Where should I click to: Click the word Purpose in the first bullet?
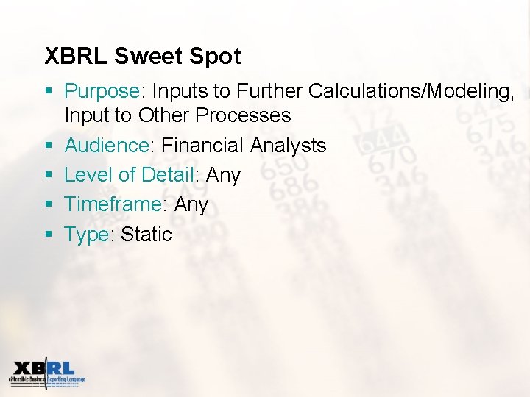pyautogui.click(x=102, y=92)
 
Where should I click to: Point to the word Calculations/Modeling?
pyautogui.click(x=411, y=91)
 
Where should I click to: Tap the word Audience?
pyautogui.click(x=106, y=146)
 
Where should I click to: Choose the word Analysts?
pyautogui.click(x=288, y=146)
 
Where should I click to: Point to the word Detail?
pyautogui.click(x=166, y=175)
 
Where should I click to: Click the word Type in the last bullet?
pyautogui.click(x=86, y=235)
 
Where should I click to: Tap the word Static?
pyautogui.click(x=146, y=235)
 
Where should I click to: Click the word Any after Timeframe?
pyautogui.click(x=191, y=205)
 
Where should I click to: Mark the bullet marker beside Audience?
pyautogui.click(x=49, y=146)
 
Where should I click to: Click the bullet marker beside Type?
pyautogui.click(x=49, y=235)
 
